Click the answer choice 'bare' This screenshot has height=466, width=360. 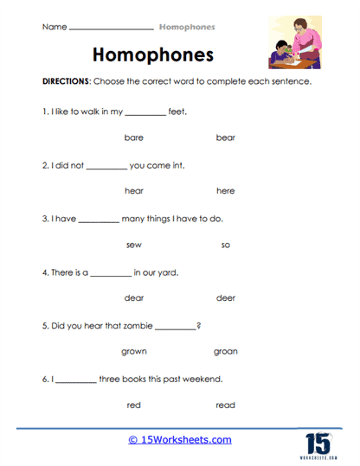tap(133, 137)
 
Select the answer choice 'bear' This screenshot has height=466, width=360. tap(225, 137)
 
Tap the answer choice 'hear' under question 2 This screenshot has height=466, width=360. tap(133, 191)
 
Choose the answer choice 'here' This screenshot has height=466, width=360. tap(225, 191)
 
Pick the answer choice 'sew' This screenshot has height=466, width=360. tap(133, 245)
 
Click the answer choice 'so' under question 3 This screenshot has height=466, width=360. tap(225, 245)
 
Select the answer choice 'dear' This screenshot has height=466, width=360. tap(133, 298)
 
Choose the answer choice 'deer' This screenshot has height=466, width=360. tap(225, 298)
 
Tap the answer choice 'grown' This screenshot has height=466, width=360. tap(133, 352)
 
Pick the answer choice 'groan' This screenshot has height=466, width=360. tap(225, 352)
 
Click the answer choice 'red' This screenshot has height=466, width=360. tap(133, 405)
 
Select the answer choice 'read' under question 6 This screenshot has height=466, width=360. tap(225, 405)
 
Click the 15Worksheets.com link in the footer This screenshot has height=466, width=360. tap(180, 440)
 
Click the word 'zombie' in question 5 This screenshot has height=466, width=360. tap(135, 325)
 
